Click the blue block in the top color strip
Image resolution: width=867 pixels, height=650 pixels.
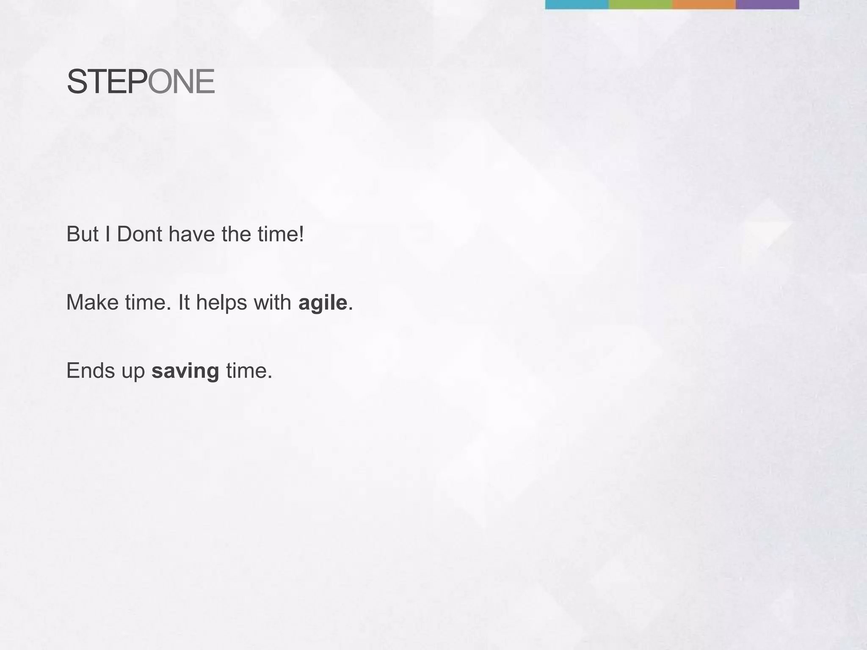577,4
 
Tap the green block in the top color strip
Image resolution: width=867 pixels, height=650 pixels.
640,4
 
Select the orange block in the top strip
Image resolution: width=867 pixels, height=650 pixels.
704,4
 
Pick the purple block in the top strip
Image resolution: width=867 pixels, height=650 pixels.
767,4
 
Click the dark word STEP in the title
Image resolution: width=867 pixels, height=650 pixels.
107,82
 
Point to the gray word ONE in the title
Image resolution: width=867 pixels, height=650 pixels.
181,82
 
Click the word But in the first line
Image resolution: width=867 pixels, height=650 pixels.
83,234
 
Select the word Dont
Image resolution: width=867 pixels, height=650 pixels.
139,234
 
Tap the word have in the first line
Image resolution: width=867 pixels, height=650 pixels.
191,234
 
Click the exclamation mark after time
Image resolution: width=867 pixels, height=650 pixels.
301,234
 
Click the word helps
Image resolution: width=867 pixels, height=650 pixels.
221,303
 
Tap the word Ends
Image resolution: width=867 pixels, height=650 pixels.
91,371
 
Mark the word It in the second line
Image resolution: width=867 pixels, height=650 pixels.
184,303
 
